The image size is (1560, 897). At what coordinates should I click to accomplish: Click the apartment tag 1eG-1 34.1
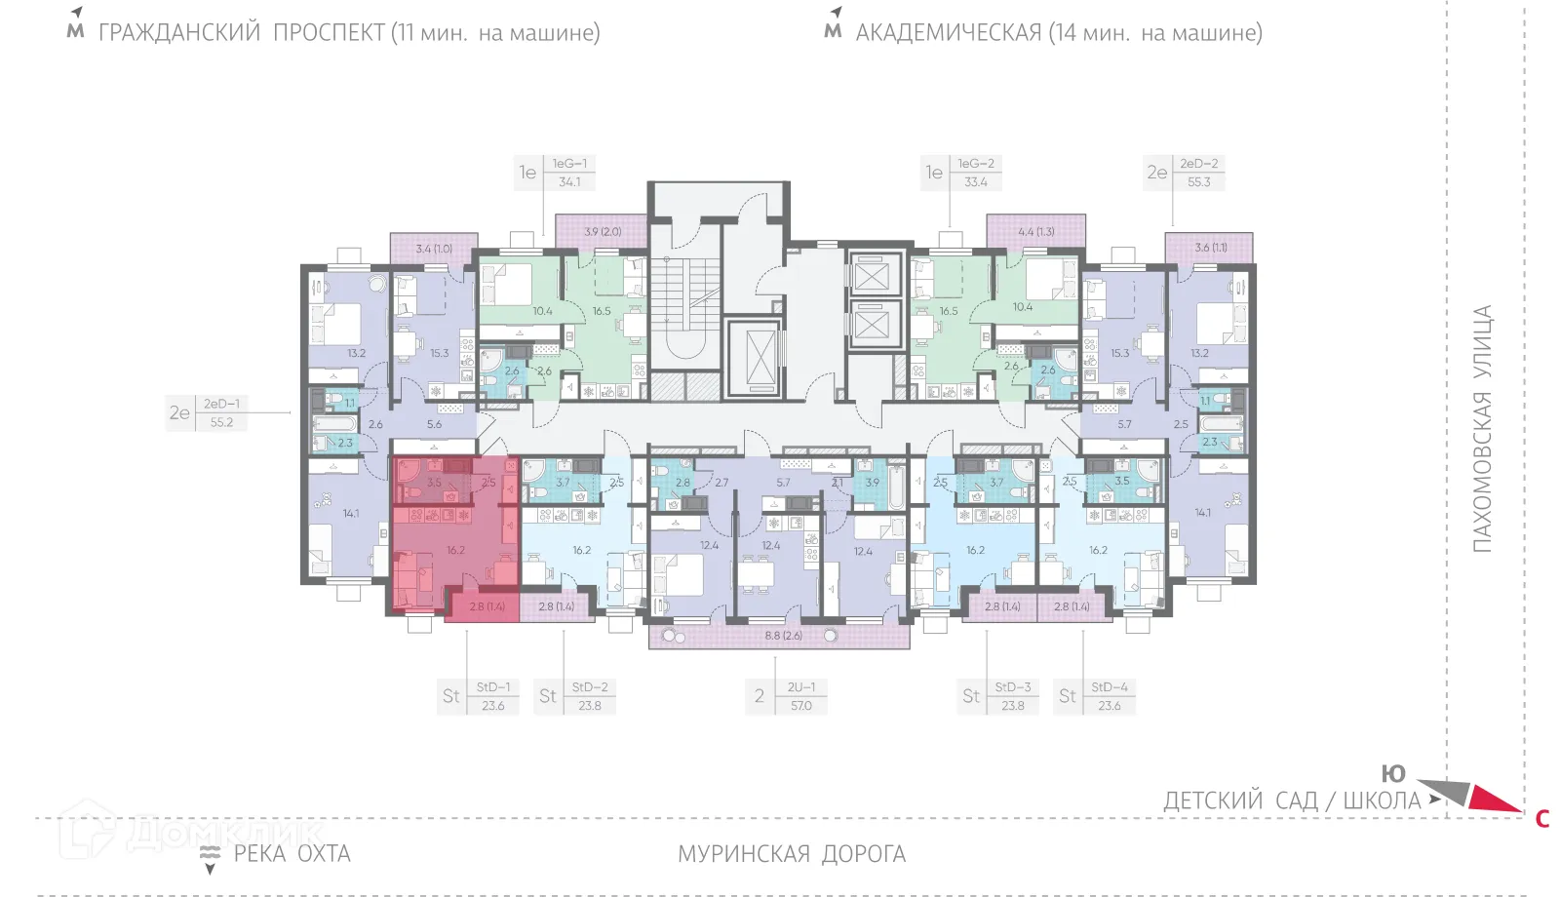point(556,173)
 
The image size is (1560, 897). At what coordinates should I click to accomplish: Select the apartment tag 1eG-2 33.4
point(962,173)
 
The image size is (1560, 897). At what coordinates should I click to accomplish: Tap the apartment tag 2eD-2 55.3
point(1185,173)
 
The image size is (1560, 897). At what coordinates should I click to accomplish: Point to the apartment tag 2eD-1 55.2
point(207,413)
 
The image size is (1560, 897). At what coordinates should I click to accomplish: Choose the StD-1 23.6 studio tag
point(479,696)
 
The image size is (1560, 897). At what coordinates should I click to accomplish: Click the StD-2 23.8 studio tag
point(575,696)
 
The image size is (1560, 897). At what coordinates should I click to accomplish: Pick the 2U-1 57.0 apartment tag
point(787,696)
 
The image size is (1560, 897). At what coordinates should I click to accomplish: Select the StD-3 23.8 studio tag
point(998,696)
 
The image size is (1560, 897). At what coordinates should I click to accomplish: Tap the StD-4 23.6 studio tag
point(1096,696)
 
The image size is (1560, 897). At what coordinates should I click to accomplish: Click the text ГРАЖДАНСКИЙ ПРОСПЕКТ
point(242,33)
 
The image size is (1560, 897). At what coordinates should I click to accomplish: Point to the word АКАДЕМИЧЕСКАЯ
point(949,33)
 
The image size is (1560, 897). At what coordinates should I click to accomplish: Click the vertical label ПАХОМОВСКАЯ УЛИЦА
point(1482,429)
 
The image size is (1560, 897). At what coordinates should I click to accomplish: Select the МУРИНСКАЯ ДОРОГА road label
point(792,854)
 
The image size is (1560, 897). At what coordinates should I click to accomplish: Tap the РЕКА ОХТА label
point(292,854)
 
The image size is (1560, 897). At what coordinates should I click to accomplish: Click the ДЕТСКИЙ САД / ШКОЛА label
point(1292,801)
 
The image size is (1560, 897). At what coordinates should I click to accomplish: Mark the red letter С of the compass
point(1542,819)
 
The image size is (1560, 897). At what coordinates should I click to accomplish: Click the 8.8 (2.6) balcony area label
point(783,636)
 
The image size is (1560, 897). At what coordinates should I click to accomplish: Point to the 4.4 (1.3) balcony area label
point(1035,232)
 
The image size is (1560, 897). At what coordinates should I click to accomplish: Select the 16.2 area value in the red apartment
point(455,551)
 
